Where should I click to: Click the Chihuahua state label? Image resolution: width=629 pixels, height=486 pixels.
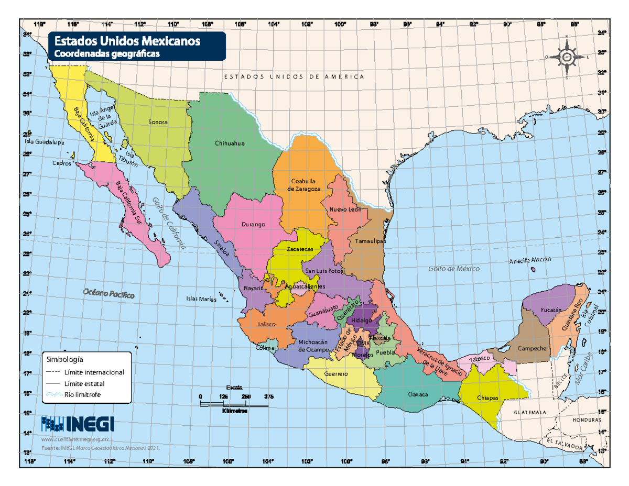[230, 143]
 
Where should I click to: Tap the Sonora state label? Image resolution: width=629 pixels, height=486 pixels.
[158, 122]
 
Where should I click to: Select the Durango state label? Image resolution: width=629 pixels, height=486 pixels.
[254, 224]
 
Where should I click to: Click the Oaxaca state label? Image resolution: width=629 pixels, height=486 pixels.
[418, 394]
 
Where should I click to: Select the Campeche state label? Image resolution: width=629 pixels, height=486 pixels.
[532, 348]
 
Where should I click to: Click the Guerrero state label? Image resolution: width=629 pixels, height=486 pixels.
[336, 374]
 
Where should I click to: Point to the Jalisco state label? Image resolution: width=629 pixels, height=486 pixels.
[267, 324]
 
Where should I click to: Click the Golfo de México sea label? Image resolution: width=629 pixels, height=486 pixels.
[454, 269]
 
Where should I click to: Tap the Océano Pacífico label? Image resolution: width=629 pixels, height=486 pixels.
[109, 294]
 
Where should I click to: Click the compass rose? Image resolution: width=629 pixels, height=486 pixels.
[567, 57]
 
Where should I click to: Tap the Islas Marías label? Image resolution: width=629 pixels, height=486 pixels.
[201, 299]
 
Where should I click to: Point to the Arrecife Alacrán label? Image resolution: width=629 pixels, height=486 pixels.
[530, 260]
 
